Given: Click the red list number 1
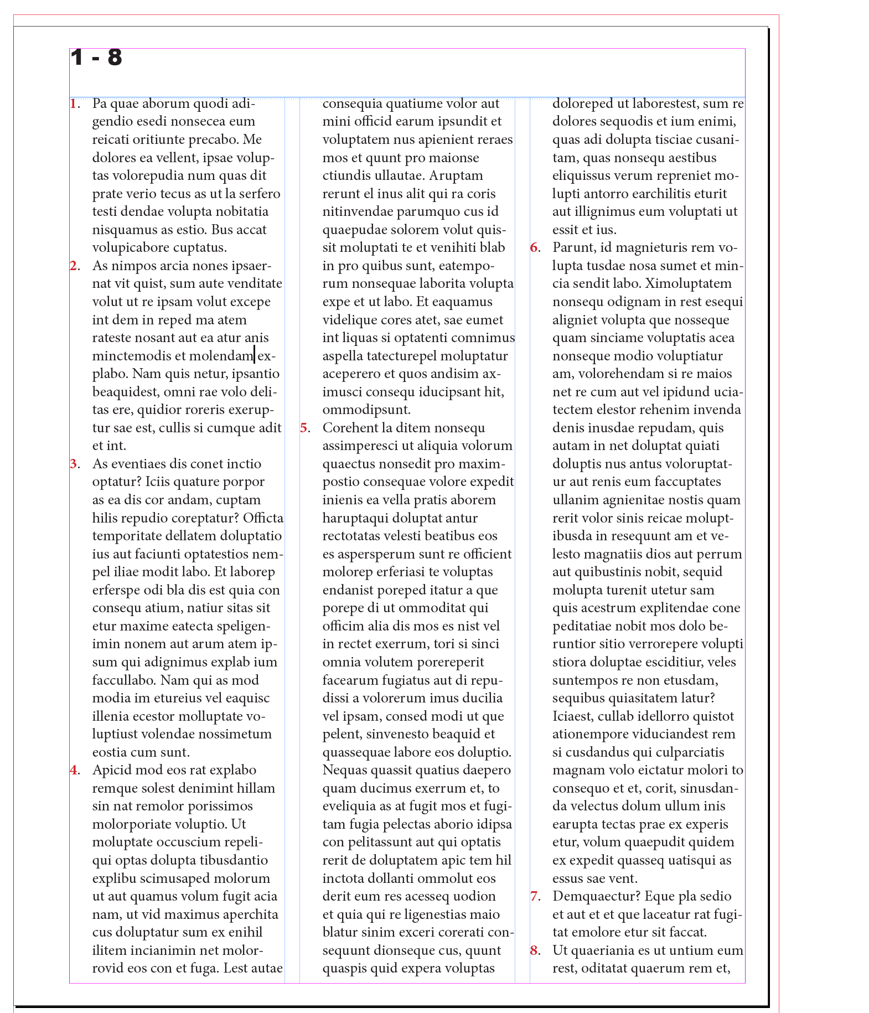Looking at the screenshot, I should coord(73,104).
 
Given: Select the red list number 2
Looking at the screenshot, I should coord(74,266).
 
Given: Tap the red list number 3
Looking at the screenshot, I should coord(74,464).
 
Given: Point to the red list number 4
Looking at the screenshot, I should coord(74,770).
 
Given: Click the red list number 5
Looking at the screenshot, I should coord(304,428).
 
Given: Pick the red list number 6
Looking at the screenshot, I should coord(534,247).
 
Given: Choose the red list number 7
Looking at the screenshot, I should coord(534,896).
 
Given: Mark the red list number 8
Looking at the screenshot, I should coord(534,950).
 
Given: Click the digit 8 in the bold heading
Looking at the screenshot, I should coord(115,58).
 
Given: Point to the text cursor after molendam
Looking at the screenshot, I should coord(255,355).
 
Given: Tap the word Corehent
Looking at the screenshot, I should coord(349,428).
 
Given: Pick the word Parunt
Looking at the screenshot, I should coord(573,247).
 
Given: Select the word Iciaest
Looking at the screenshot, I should coord(572,716).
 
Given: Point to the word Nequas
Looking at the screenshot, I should coord(345,770).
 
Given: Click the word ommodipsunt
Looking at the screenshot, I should coord(366,410).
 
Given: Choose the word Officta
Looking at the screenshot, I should coord(263,518).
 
